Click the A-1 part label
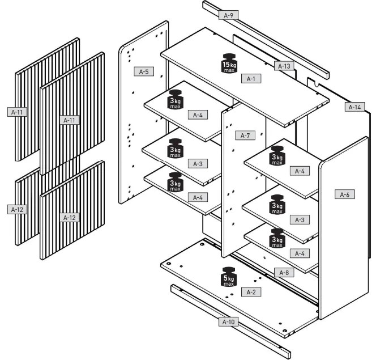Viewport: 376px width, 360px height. (251, 79)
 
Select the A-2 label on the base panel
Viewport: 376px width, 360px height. (251, 291)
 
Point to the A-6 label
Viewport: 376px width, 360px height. (344, 194)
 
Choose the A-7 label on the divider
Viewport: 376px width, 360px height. (245, 135)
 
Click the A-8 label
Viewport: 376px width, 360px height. (284, 273)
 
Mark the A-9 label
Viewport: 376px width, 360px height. (229, 15)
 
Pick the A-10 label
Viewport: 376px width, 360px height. (228, 322)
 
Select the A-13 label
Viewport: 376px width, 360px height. (285, 66)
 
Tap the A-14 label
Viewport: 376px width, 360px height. (354, 107)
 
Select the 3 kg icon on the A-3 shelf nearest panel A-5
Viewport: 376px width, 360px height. (175, 149)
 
